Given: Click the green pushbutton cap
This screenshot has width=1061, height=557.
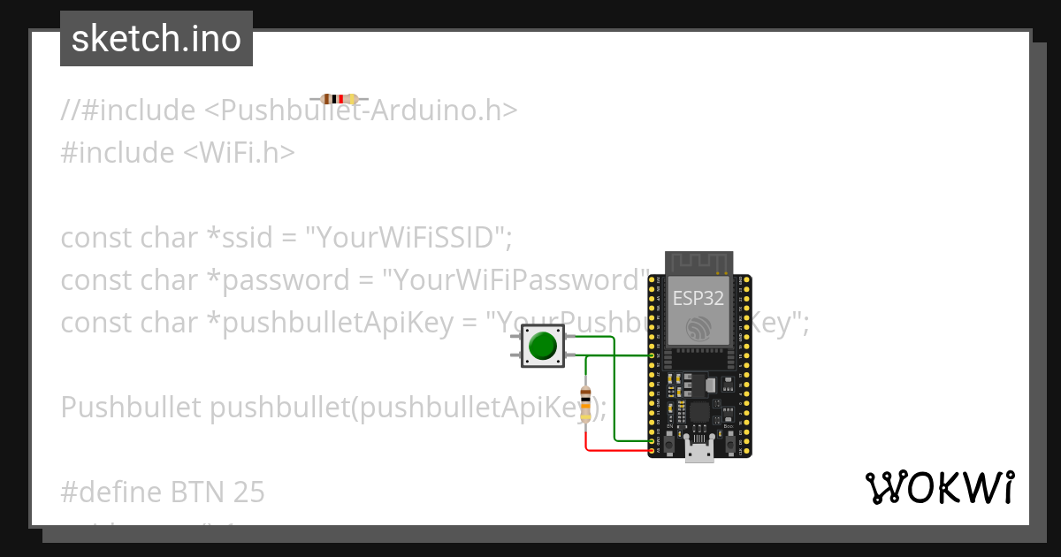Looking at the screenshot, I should (542, 346).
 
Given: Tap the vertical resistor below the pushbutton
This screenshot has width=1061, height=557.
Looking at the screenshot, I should (584, 403).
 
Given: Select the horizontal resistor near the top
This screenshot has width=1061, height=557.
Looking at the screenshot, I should (340, 99).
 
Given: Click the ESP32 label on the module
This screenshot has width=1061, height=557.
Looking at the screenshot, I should (698, 297).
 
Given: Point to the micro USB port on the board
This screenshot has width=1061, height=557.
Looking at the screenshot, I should (699, 450).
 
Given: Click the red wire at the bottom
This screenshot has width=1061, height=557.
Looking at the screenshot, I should (619, 451).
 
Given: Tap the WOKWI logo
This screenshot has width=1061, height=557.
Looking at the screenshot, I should (940, 487).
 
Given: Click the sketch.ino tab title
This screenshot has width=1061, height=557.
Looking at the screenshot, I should (156, 39).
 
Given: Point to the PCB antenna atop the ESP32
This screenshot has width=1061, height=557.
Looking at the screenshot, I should (698, 263).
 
